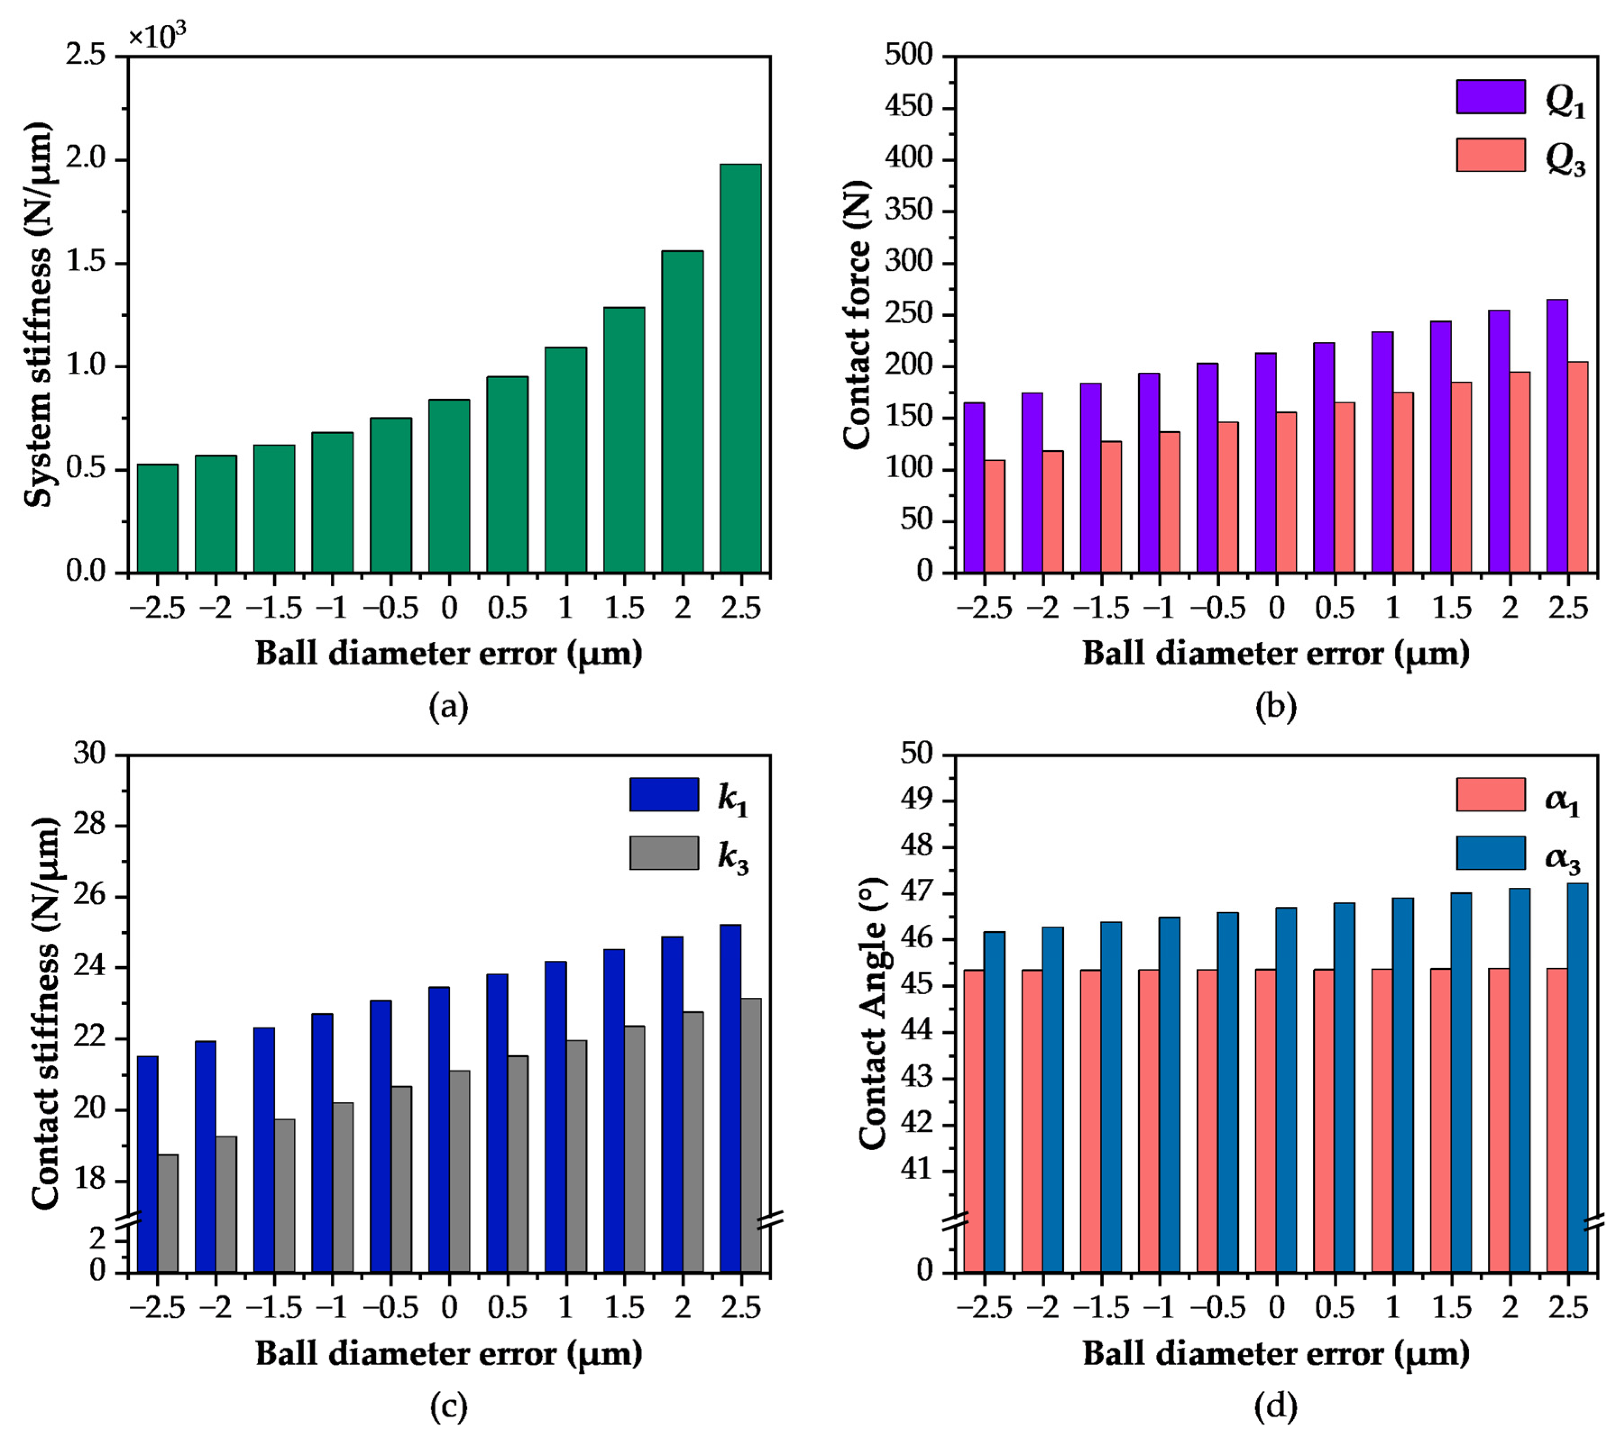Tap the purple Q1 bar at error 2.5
coord(1557,435)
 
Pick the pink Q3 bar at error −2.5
coord(994,516)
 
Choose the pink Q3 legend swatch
coord(1490,155)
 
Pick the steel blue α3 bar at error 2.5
coord(1578,1078)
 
